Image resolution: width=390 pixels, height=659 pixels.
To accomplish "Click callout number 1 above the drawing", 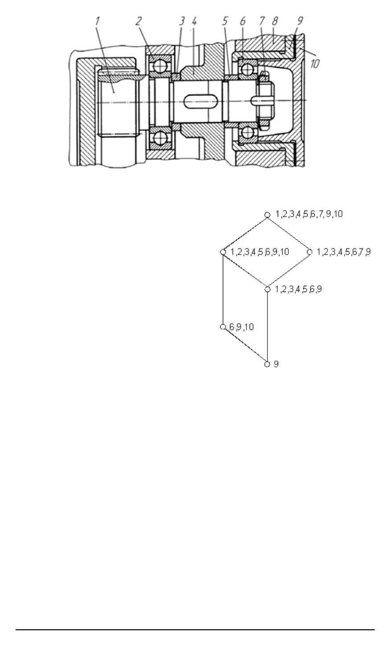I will pos(98,21).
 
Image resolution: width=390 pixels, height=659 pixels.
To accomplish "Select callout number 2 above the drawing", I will pos(139,21).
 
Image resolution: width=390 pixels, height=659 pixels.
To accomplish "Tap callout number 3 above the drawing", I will pos(182,21).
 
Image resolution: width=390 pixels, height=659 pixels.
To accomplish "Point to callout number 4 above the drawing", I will pos(194,21).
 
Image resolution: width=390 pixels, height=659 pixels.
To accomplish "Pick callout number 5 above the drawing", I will pos(226,21).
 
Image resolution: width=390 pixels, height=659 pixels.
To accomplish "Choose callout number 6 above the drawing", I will pos(243,21).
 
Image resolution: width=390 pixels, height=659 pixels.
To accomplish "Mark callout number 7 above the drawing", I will pos(262,21).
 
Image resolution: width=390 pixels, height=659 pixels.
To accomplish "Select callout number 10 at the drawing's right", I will pos(315,64).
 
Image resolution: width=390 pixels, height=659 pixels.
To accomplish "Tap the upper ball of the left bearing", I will pos(157,66).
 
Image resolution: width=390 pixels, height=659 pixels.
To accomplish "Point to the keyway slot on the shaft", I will pos(199,102).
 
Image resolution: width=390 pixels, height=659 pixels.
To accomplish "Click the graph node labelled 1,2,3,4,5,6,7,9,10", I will pos(267,214).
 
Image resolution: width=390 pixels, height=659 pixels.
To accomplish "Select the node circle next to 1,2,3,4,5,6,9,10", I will pos(223,252).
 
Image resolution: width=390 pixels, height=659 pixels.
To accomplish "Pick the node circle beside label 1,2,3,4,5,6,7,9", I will pos(310,252).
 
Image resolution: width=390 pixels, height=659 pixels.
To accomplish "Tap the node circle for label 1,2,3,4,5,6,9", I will pos(267,289).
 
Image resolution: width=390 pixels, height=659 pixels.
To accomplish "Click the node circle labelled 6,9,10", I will pos(223,327).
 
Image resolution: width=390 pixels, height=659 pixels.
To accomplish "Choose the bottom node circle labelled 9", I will pos(267,364).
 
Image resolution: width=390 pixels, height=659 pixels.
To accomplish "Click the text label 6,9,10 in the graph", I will pos(241,327).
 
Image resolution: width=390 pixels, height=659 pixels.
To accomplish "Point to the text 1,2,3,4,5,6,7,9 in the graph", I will pos(344,252).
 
